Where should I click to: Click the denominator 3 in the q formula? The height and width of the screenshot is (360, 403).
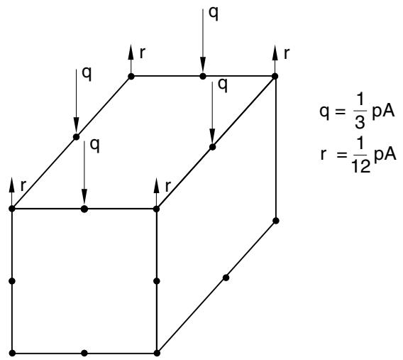pos(360,122)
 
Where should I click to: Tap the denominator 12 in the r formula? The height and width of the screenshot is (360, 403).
pos(360,165)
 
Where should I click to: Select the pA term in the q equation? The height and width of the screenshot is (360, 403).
pos(383,112)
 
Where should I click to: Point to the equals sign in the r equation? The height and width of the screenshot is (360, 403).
pos(341,155)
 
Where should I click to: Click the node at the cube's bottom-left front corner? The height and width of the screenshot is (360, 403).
pos(12,353)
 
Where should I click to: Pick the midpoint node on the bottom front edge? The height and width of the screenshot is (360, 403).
pos(84,353)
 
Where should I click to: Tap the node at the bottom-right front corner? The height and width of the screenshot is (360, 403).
pos(157,353)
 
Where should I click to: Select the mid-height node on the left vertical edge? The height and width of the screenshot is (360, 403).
pos(12,281)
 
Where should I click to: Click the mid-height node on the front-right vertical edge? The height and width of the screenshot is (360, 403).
pos(157,281)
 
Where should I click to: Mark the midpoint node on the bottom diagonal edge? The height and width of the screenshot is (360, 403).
pos(226,278)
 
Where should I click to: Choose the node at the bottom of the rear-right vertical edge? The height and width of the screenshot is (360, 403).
pos(276,221)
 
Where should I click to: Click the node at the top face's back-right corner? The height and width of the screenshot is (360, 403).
pos(275,76)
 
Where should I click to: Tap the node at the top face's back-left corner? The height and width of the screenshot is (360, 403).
pos(131,76)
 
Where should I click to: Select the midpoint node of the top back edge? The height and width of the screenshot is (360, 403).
pos(203,76)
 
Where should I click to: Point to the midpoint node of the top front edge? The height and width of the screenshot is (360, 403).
pos(84,209)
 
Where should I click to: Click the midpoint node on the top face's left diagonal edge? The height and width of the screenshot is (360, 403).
pos(77,137)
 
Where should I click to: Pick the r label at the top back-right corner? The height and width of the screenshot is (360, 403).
pos(287,53)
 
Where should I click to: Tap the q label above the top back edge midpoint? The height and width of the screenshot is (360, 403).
pos(214,13)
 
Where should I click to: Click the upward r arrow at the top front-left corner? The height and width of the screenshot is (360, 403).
pos(12,192)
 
